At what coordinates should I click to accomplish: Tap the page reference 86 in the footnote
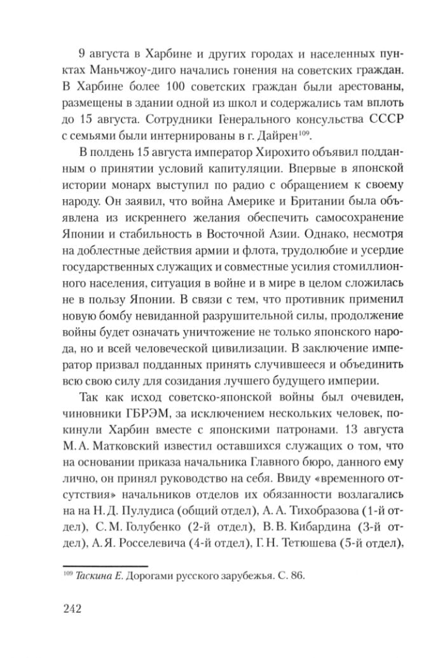click(299, 577)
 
